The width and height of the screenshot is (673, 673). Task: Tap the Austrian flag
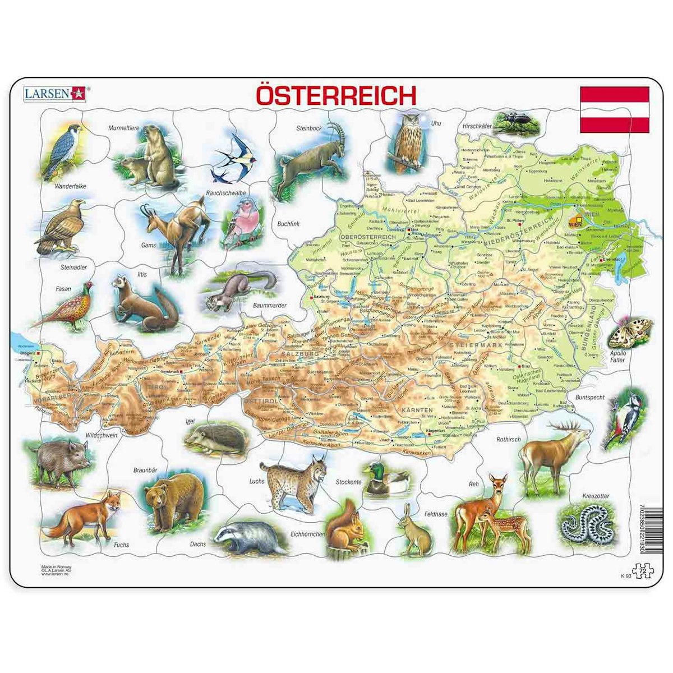pyautogui.click(x=614, y=110)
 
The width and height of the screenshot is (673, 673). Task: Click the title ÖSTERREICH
pyautogui.click(x=336, y=96)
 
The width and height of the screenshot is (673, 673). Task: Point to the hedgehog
pyautogui.click(x=216, y=438)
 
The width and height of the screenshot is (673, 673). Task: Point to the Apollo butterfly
pyautogui.click(x=630, y=334)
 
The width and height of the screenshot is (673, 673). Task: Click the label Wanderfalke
pyautogui.click(x=70, y=186)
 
